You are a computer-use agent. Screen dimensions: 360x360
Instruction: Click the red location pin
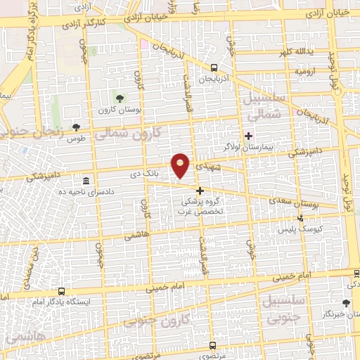point(181,166)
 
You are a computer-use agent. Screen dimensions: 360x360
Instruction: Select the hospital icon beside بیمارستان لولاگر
point(247,135)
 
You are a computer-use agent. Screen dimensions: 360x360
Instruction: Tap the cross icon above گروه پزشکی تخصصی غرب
point(200,191)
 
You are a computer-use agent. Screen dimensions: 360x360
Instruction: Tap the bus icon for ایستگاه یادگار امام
point(62,290)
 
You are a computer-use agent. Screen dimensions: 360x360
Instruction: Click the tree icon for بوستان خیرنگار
point(345,303)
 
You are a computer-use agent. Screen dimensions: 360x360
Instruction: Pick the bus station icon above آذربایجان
point(213,68)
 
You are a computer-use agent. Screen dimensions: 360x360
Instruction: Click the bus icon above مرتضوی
point(213,345)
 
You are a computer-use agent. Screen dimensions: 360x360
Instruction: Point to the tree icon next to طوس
point(76,127)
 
